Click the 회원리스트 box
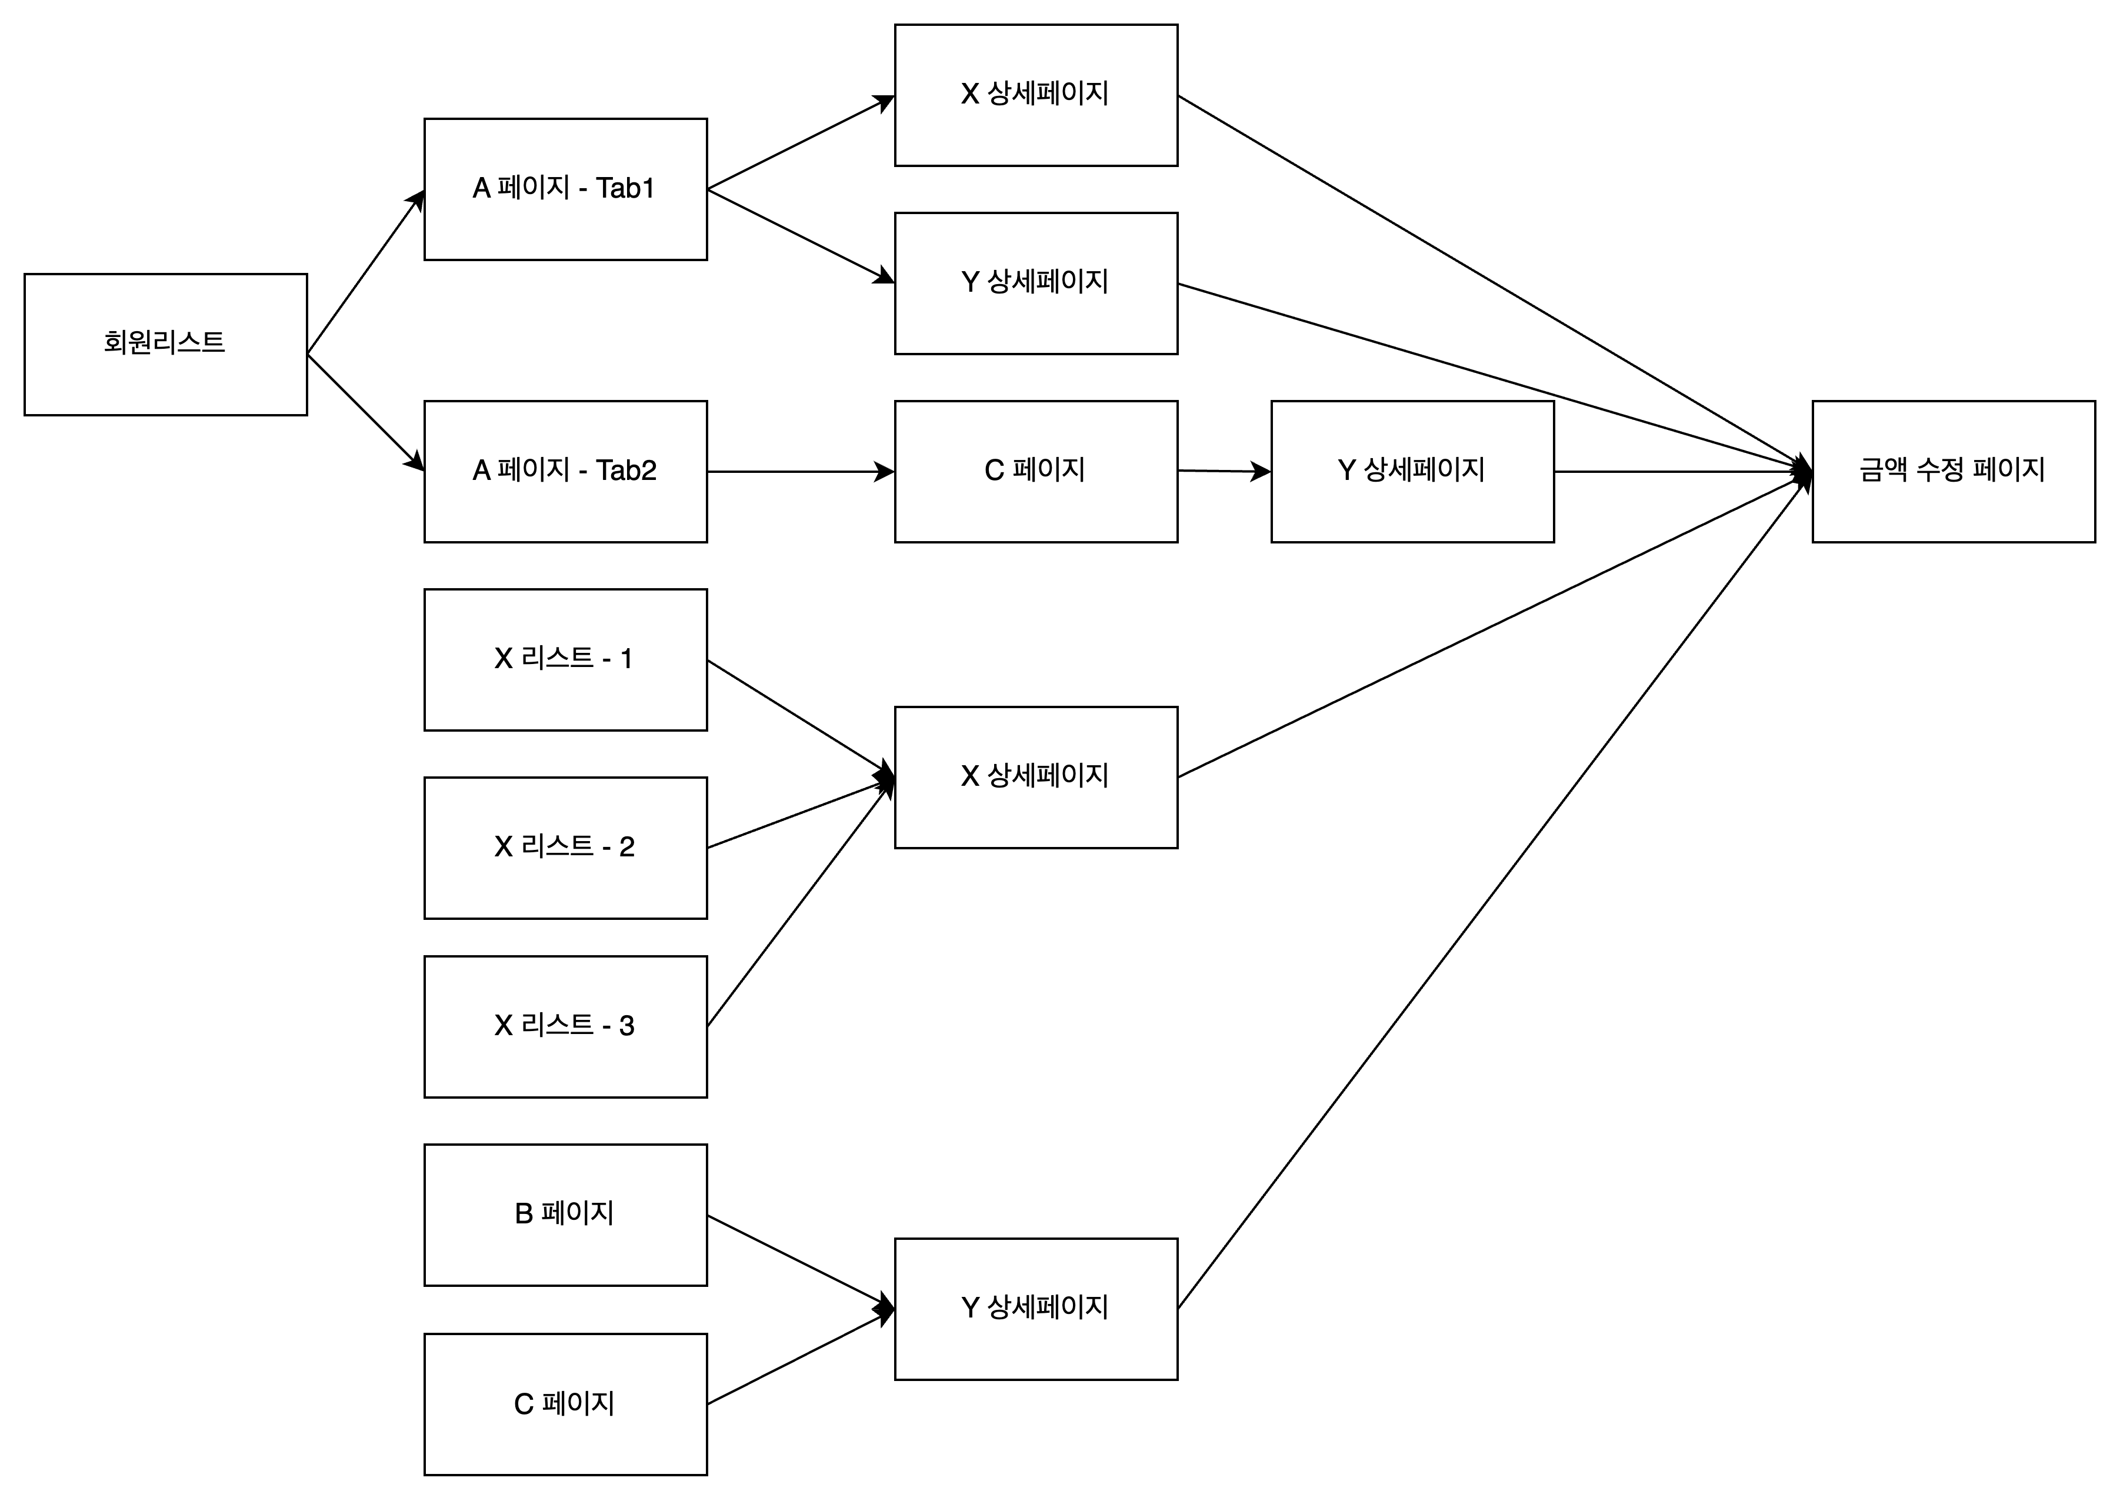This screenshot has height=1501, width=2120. coord(165,344)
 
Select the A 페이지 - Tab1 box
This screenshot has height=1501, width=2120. coord(565,189)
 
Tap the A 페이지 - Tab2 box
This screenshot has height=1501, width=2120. coord(565,471)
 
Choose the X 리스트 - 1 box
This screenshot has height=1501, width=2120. coord(565,660)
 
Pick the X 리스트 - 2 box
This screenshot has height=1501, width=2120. coord(565,848)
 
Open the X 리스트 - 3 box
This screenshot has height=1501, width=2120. coord(565,1027)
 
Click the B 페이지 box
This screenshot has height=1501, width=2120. coord(565,1215)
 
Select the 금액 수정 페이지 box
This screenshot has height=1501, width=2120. coord(1954,471)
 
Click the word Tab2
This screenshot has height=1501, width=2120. coord(626,471)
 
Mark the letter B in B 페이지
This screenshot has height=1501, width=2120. coord(523,1213)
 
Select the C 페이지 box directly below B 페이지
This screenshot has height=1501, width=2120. coord(565,1404)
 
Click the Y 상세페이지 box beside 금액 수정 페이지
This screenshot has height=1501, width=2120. coord(1412,471)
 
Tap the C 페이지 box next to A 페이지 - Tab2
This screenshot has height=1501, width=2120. coord(1036,471)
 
